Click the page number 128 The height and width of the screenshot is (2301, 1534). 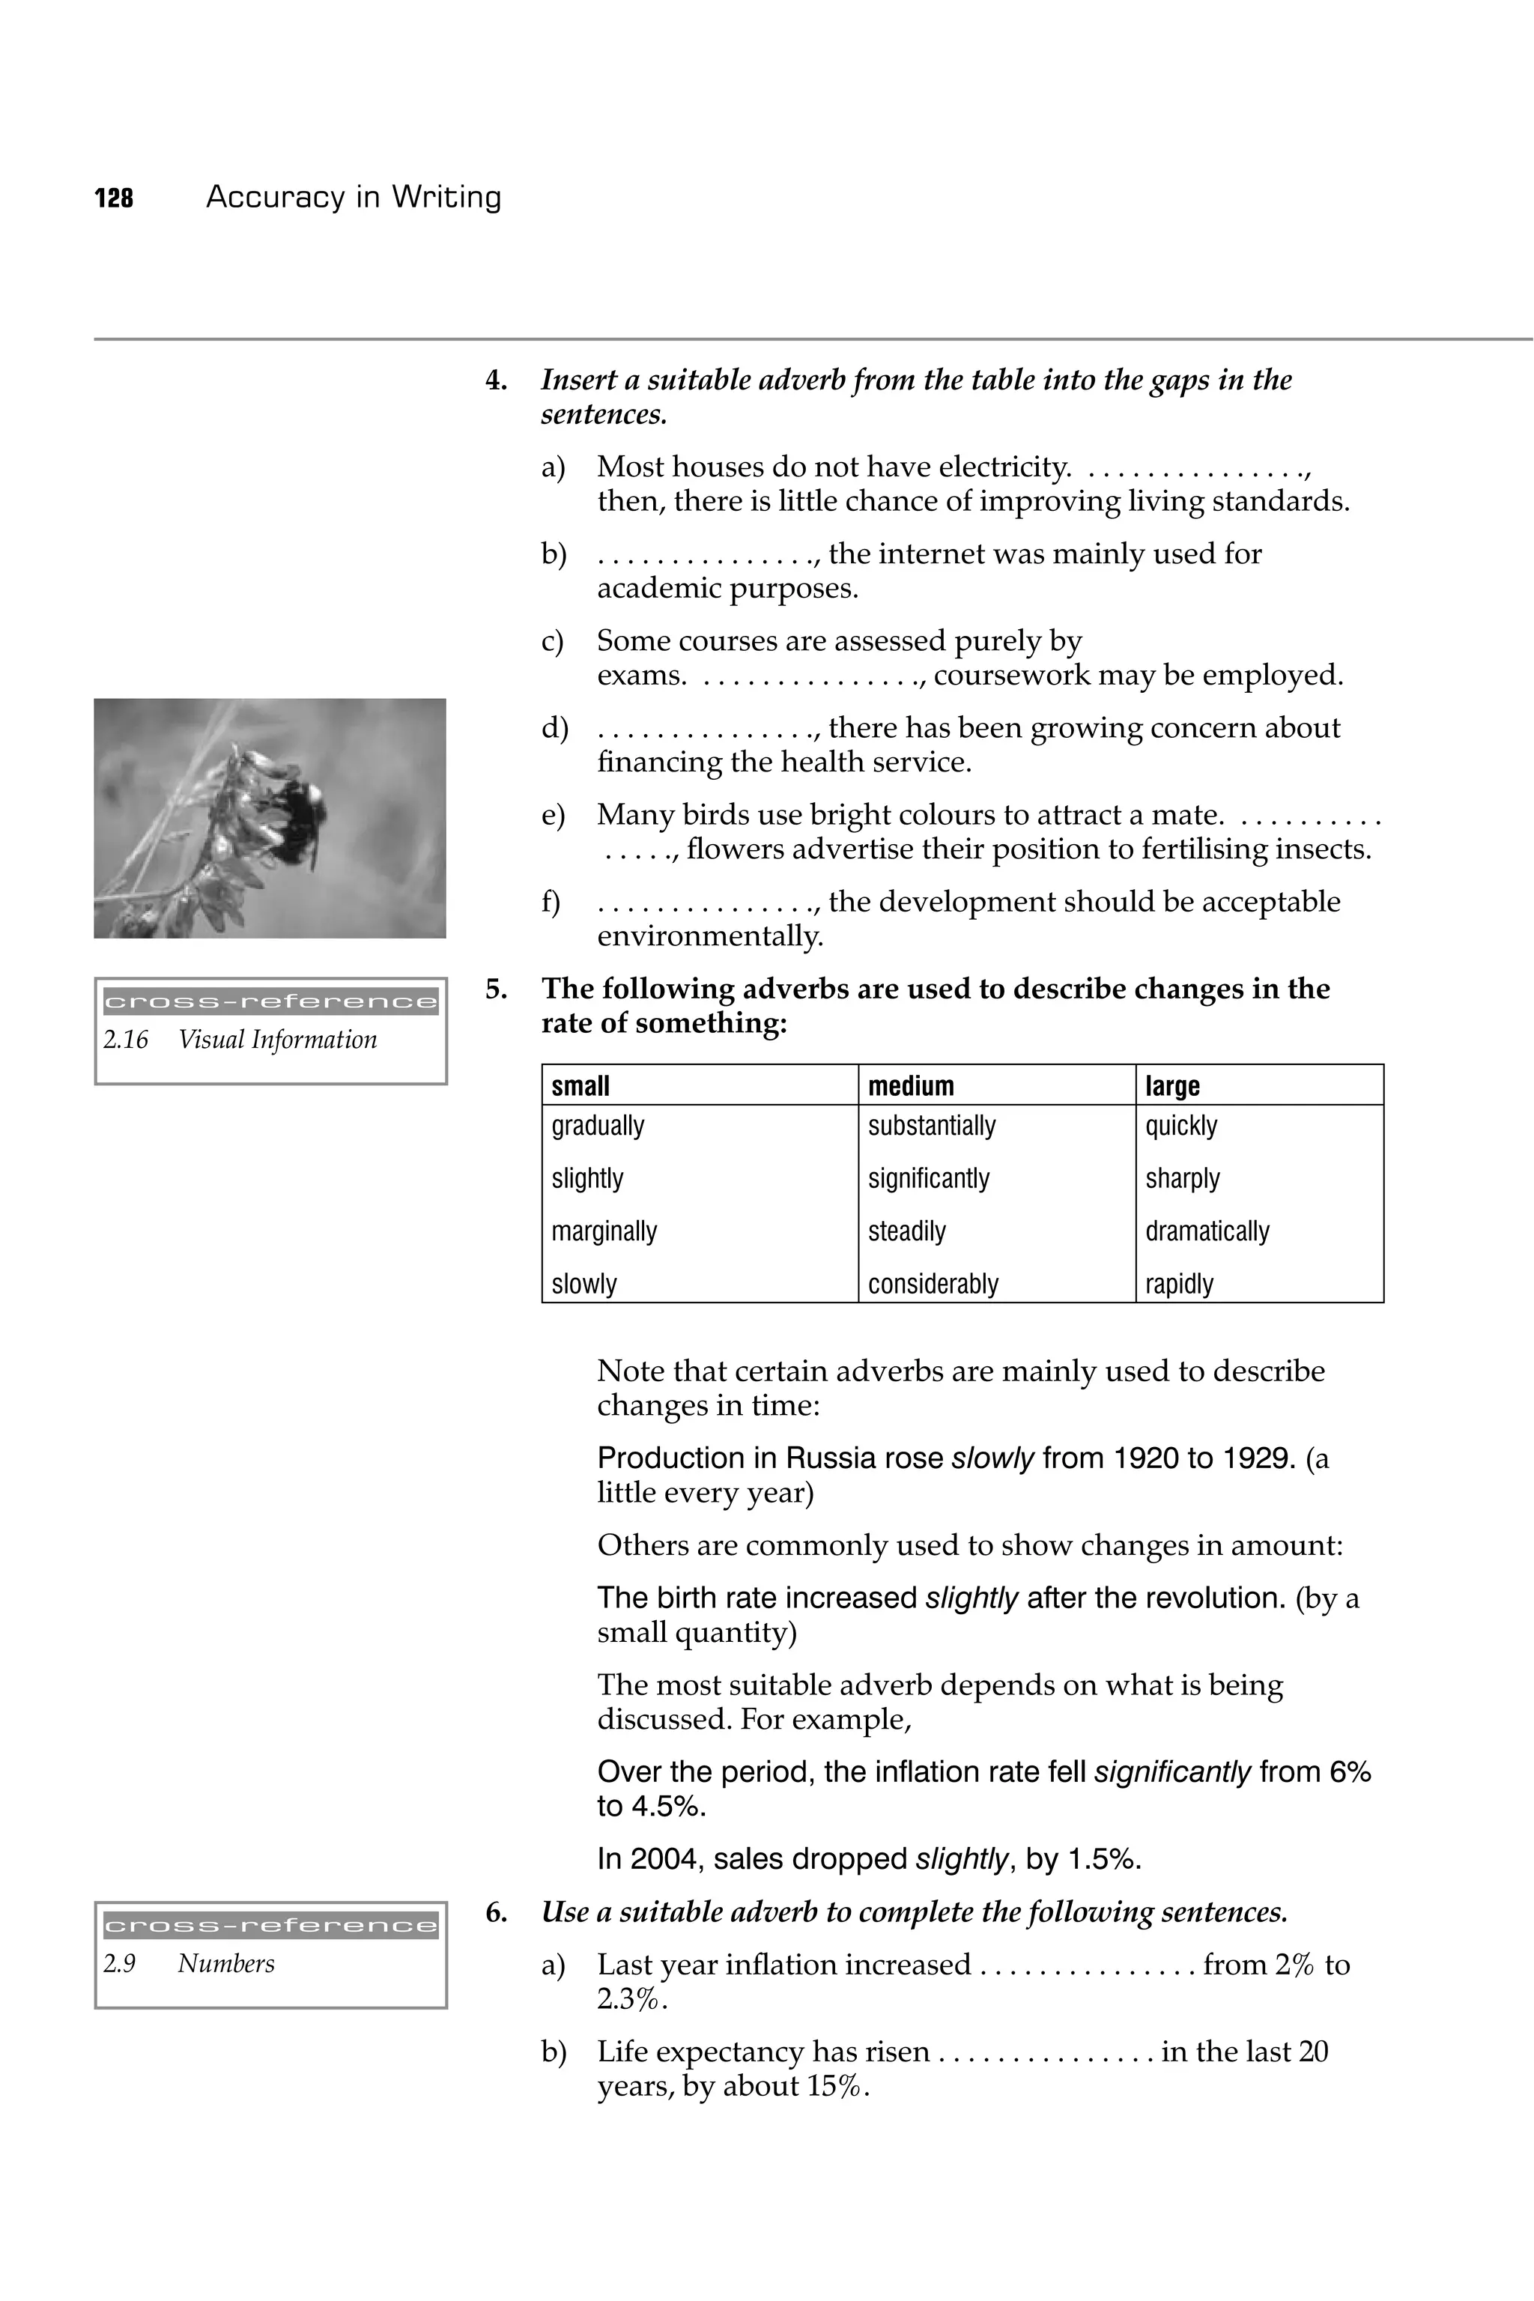[x=114, y=198]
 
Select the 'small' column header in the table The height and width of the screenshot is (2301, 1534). [x=580, y=1086]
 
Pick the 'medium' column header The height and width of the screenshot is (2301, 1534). [x=910, y=1086]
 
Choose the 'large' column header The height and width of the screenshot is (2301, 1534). [x=1172, y=1086]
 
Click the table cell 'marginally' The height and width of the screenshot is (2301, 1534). [x=604, y=1231]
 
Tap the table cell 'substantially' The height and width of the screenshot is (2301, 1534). [x=930, y=1126]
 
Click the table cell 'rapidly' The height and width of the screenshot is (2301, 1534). [x=1179, y=1284]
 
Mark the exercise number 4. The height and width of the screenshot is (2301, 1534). [x=496, y=381]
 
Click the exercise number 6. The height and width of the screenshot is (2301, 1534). [x=496, y=1912]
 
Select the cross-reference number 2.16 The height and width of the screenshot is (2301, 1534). [x=125, y=1040]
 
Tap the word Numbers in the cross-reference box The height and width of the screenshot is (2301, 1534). [x=226, y=1963]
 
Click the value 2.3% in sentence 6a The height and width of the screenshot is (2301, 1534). [x=630, y=2000]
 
